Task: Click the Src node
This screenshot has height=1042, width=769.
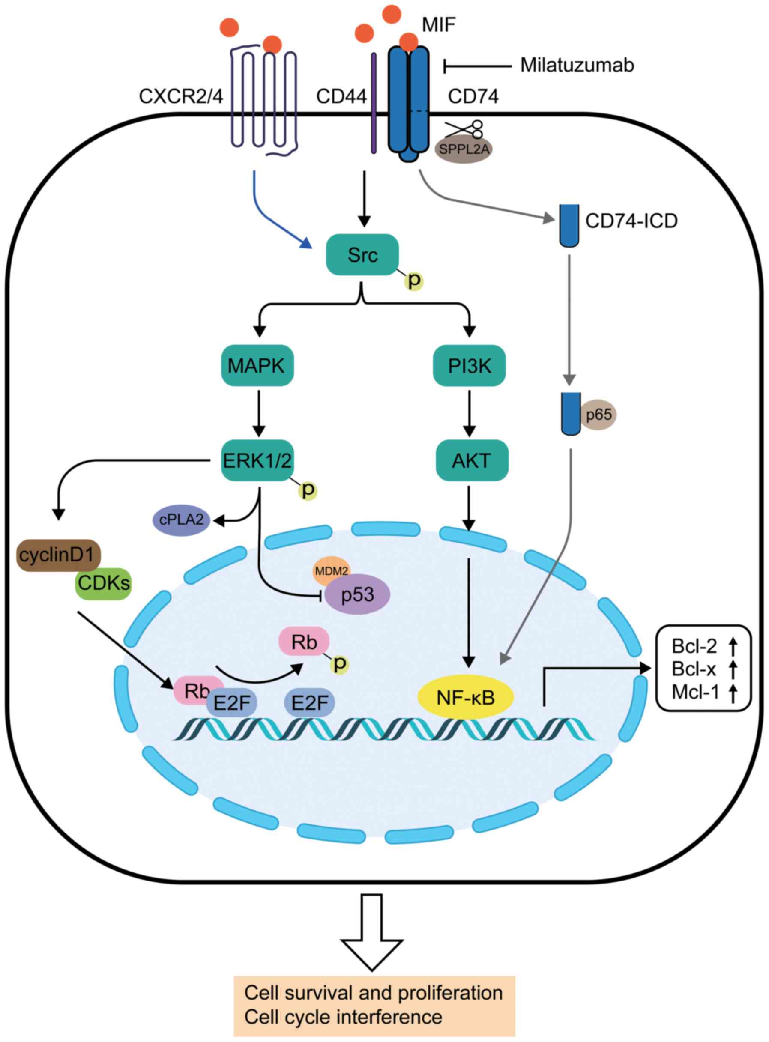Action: (362, 254)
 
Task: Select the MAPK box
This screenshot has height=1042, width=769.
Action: (257, 366)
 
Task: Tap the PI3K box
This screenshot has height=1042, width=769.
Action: (469, 366)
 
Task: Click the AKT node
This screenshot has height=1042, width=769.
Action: (471, 460)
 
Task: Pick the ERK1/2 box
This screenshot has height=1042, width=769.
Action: (257, 460)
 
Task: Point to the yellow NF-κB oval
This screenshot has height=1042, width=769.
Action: (466, 697)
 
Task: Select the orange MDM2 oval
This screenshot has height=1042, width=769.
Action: (332, 570)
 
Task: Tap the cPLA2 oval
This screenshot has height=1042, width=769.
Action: (182, 520)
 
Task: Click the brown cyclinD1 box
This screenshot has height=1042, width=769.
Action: (59, 555)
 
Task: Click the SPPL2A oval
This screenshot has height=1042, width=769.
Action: (464, 150)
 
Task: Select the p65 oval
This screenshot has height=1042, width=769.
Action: (598, 414)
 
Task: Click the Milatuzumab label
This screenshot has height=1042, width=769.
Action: (577, 65)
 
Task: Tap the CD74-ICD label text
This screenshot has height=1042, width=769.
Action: (631, 221)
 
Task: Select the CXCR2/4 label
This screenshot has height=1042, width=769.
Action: (181, 96)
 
